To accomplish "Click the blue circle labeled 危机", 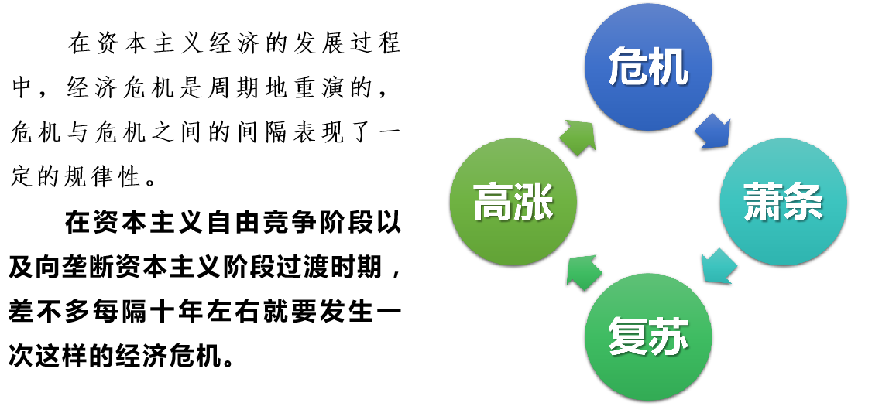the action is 647,101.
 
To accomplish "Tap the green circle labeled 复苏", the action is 647,371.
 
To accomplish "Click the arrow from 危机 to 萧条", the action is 713,131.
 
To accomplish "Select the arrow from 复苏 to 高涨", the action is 583,271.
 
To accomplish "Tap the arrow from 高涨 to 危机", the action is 578,136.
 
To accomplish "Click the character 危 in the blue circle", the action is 627,67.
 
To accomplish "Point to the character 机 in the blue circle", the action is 668,67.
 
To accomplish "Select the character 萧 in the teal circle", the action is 763,202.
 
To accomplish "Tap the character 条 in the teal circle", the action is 804,202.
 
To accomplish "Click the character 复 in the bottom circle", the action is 627,337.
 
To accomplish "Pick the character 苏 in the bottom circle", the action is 668,337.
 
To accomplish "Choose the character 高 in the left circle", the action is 493,202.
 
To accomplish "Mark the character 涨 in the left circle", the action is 534,202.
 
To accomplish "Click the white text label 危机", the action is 647,67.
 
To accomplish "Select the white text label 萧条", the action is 783,202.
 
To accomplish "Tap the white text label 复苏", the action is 647,337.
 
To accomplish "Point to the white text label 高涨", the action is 513,202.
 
